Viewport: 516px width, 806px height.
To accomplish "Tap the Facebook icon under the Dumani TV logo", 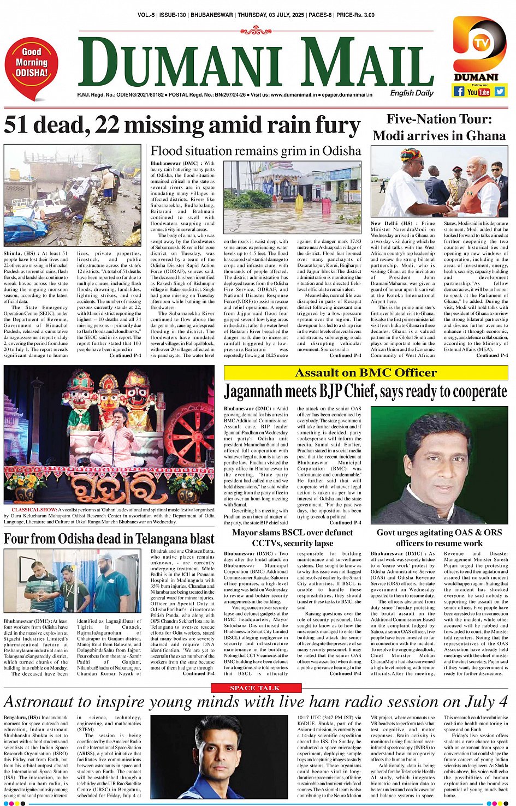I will coord(459,92).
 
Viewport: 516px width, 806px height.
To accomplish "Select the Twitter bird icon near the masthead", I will coord(499,92).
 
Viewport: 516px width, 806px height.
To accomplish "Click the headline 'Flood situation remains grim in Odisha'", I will coord(256,151).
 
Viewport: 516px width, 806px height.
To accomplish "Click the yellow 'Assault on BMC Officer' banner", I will coord(366,373).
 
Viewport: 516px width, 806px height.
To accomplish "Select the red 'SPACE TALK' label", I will coord(254,688).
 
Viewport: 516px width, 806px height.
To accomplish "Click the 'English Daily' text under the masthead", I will coord(412,93).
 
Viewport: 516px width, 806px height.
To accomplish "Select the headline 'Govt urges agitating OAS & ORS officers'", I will coord(439,538).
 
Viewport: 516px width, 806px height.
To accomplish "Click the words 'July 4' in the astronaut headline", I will coord(486,702).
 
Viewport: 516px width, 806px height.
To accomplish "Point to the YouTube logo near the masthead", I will coord(479,92).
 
